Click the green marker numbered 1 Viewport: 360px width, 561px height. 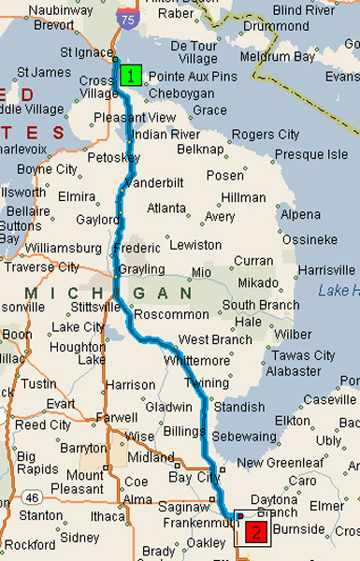point(130,75)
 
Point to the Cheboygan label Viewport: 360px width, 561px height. point(175,93)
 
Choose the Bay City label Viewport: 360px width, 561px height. point(197,478)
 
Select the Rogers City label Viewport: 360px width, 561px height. point(266,135)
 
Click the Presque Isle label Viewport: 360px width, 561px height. point(311,154)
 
